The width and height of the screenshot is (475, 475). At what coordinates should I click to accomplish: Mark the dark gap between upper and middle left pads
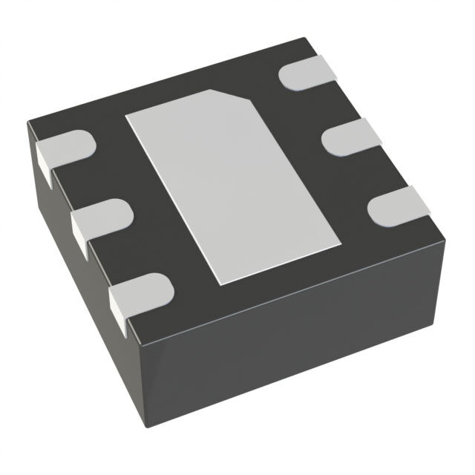tap(82, 182)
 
